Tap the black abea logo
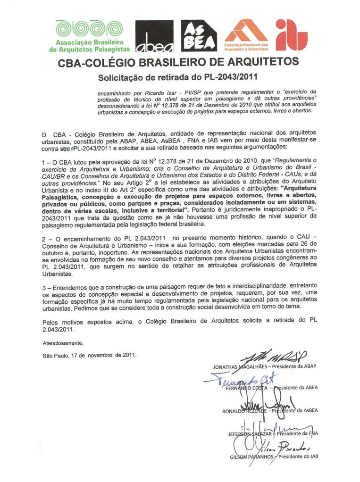[154, 36]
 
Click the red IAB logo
[292, 34]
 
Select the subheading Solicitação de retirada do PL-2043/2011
[179, 76]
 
